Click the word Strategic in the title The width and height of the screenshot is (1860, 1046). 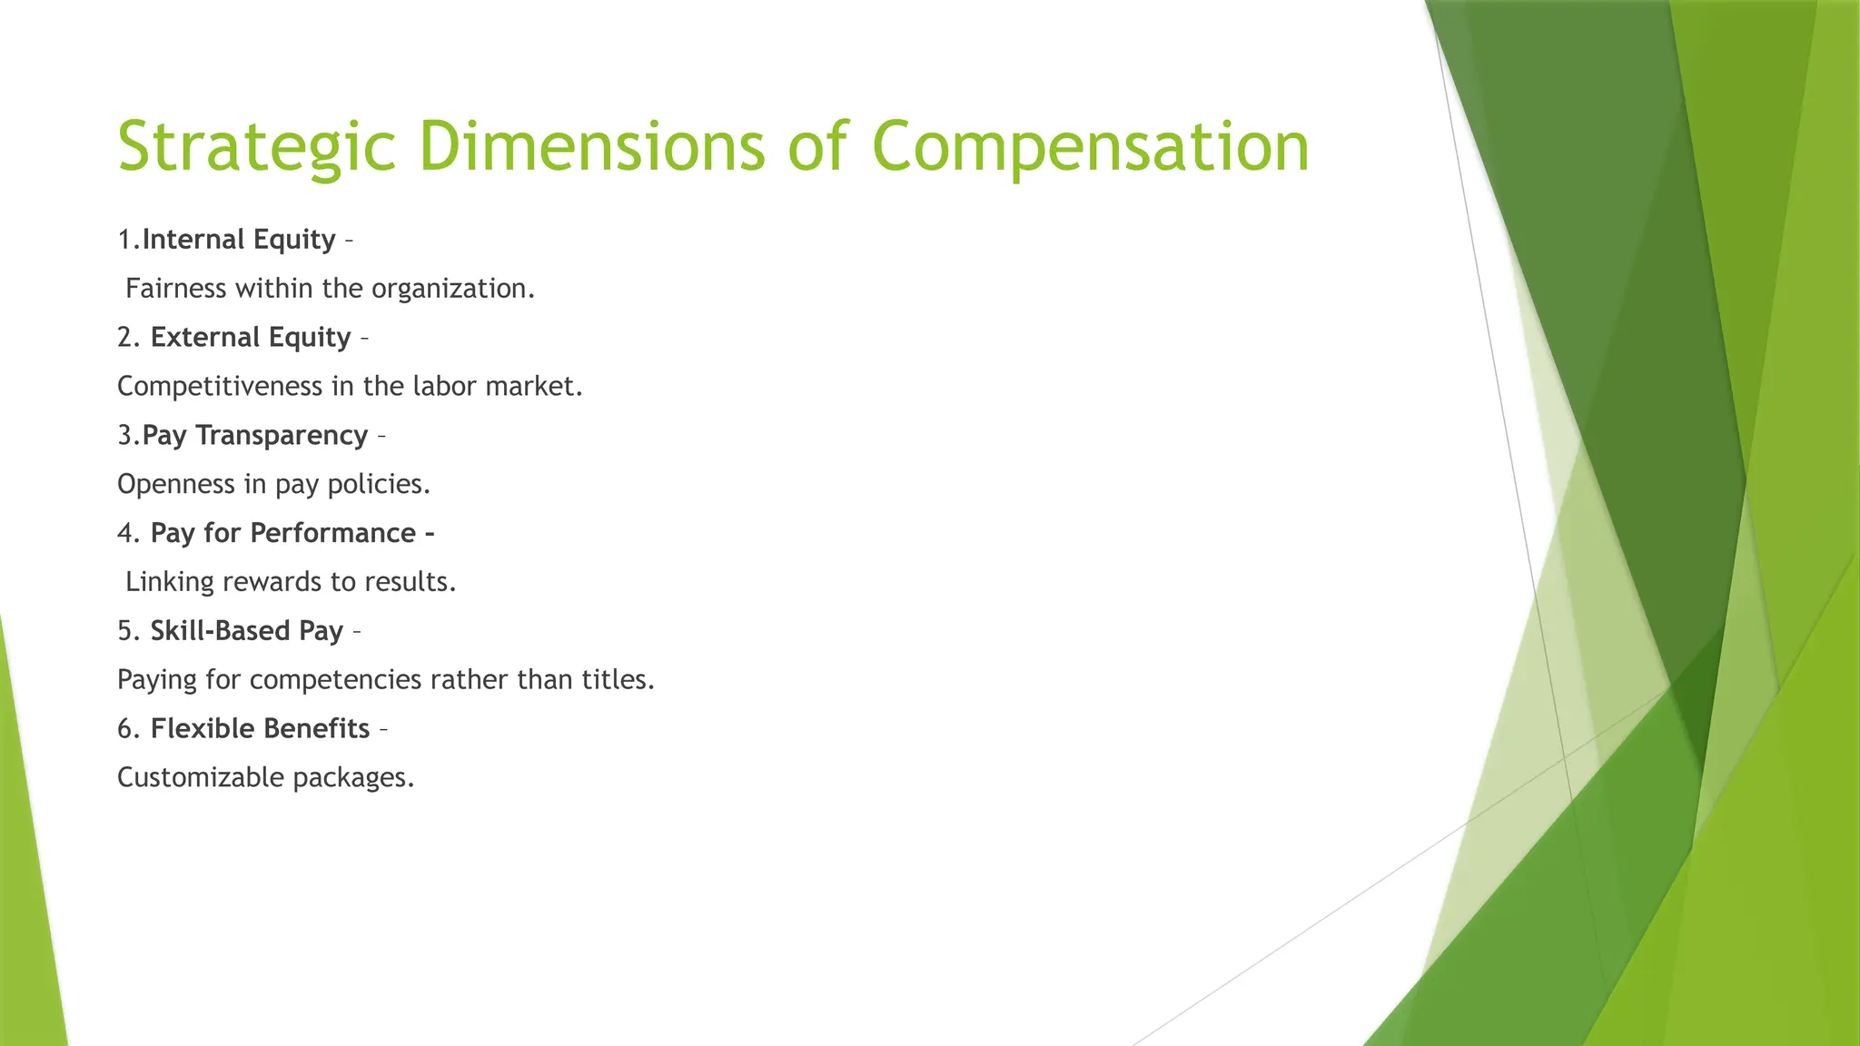click(x=257, y=147)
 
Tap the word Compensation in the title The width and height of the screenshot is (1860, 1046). click(x=1090, y=147)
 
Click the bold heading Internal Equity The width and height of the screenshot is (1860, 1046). click(x=239, y=240)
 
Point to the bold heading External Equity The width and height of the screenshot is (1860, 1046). click(x=251, y=338)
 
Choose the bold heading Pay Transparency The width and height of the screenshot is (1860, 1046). click(x=255, y=436)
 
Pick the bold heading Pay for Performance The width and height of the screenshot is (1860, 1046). click(x=283, y=533)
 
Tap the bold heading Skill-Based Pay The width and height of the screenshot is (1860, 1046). click(x=247, y=631)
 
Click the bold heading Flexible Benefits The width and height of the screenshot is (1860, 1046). click(x=261, y=729)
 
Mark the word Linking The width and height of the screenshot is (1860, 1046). click(x=170, y=582)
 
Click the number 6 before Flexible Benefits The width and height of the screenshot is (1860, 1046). click(x=125, y=729)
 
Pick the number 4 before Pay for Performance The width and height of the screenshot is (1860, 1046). click(x=125, y=533)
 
